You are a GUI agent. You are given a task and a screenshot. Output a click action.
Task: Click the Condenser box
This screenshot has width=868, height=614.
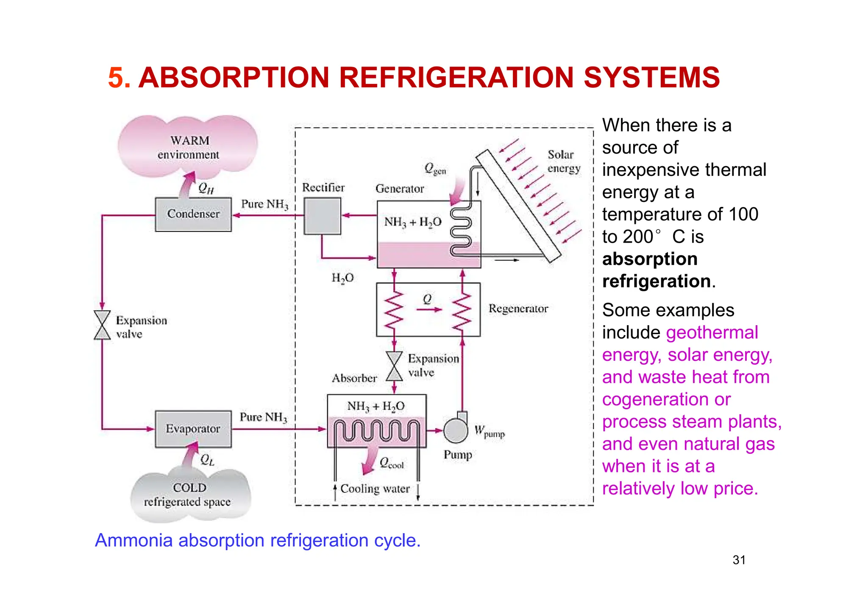[193, 215]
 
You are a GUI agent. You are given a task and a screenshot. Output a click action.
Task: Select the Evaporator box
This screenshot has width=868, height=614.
[193, 429]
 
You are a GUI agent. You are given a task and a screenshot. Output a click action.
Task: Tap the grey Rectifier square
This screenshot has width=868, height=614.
[323, 216]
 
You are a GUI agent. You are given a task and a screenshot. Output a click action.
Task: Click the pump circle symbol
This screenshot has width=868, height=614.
[456, 430]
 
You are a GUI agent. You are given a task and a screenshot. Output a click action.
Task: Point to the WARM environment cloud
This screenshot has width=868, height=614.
[188, 147]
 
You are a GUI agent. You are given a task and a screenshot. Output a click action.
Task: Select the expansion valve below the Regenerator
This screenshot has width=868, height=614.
[395, 366]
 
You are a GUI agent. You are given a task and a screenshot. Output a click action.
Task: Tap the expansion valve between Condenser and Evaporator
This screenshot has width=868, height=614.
[102, 325]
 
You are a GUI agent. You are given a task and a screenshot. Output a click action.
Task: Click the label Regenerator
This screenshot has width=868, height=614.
[518, 309]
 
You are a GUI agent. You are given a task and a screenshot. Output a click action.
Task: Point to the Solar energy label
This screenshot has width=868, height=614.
[563, 162]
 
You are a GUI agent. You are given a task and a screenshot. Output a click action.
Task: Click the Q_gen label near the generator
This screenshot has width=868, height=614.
[435, 169]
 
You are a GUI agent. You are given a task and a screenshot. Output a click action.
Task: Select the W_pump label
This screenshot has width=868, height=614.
[489, 431]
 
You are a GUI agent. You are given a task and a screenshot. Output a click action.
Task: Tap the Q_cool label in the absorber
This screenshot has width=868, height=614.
[392, 463]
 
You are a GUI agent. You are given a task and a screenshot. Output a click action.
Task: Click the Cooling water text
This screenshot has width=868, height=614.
[375, 489]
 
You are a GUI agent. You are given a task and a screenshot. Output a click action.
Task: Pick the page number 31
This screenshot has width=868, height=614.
[739, 560]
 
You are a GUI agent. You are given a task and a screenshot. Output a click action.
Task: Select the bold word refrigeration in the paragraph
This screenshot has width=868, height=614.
[656, 282]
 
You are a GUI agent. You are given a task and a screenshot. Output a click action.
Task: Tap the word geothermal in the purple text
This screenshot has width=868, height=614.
[712, 333]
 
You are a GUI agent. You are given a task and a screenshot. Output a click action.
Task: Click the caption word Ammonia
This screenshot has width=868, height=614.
[134, 541]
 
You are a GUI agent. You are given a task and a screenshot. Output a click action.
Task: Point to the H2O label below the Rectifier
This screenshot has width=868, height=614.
[342, 278]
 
